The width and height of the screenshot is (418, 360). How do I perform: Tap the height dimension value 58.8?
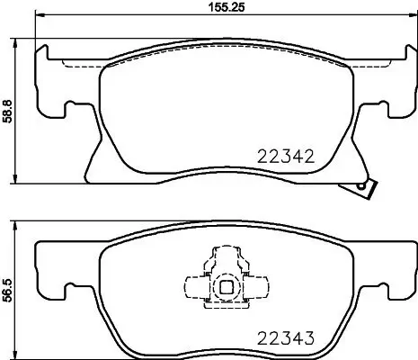pyautogui.click(x=8, y=112)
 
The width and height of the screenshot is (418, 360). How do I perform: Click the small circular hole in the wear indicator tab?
pyautogui.click(x=363, y=186)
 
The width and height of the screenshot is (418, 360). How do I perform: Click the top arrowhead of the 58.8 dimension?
pyautogui.click(x=19, y=40)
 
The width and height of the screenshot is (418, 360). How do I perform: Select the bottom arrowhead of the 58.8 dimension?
pyautogui.click(x=19, y=183)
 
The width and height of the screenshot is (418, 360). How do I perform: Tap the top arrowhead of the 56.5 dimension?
pyautogui.click(x=19, y=224)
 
